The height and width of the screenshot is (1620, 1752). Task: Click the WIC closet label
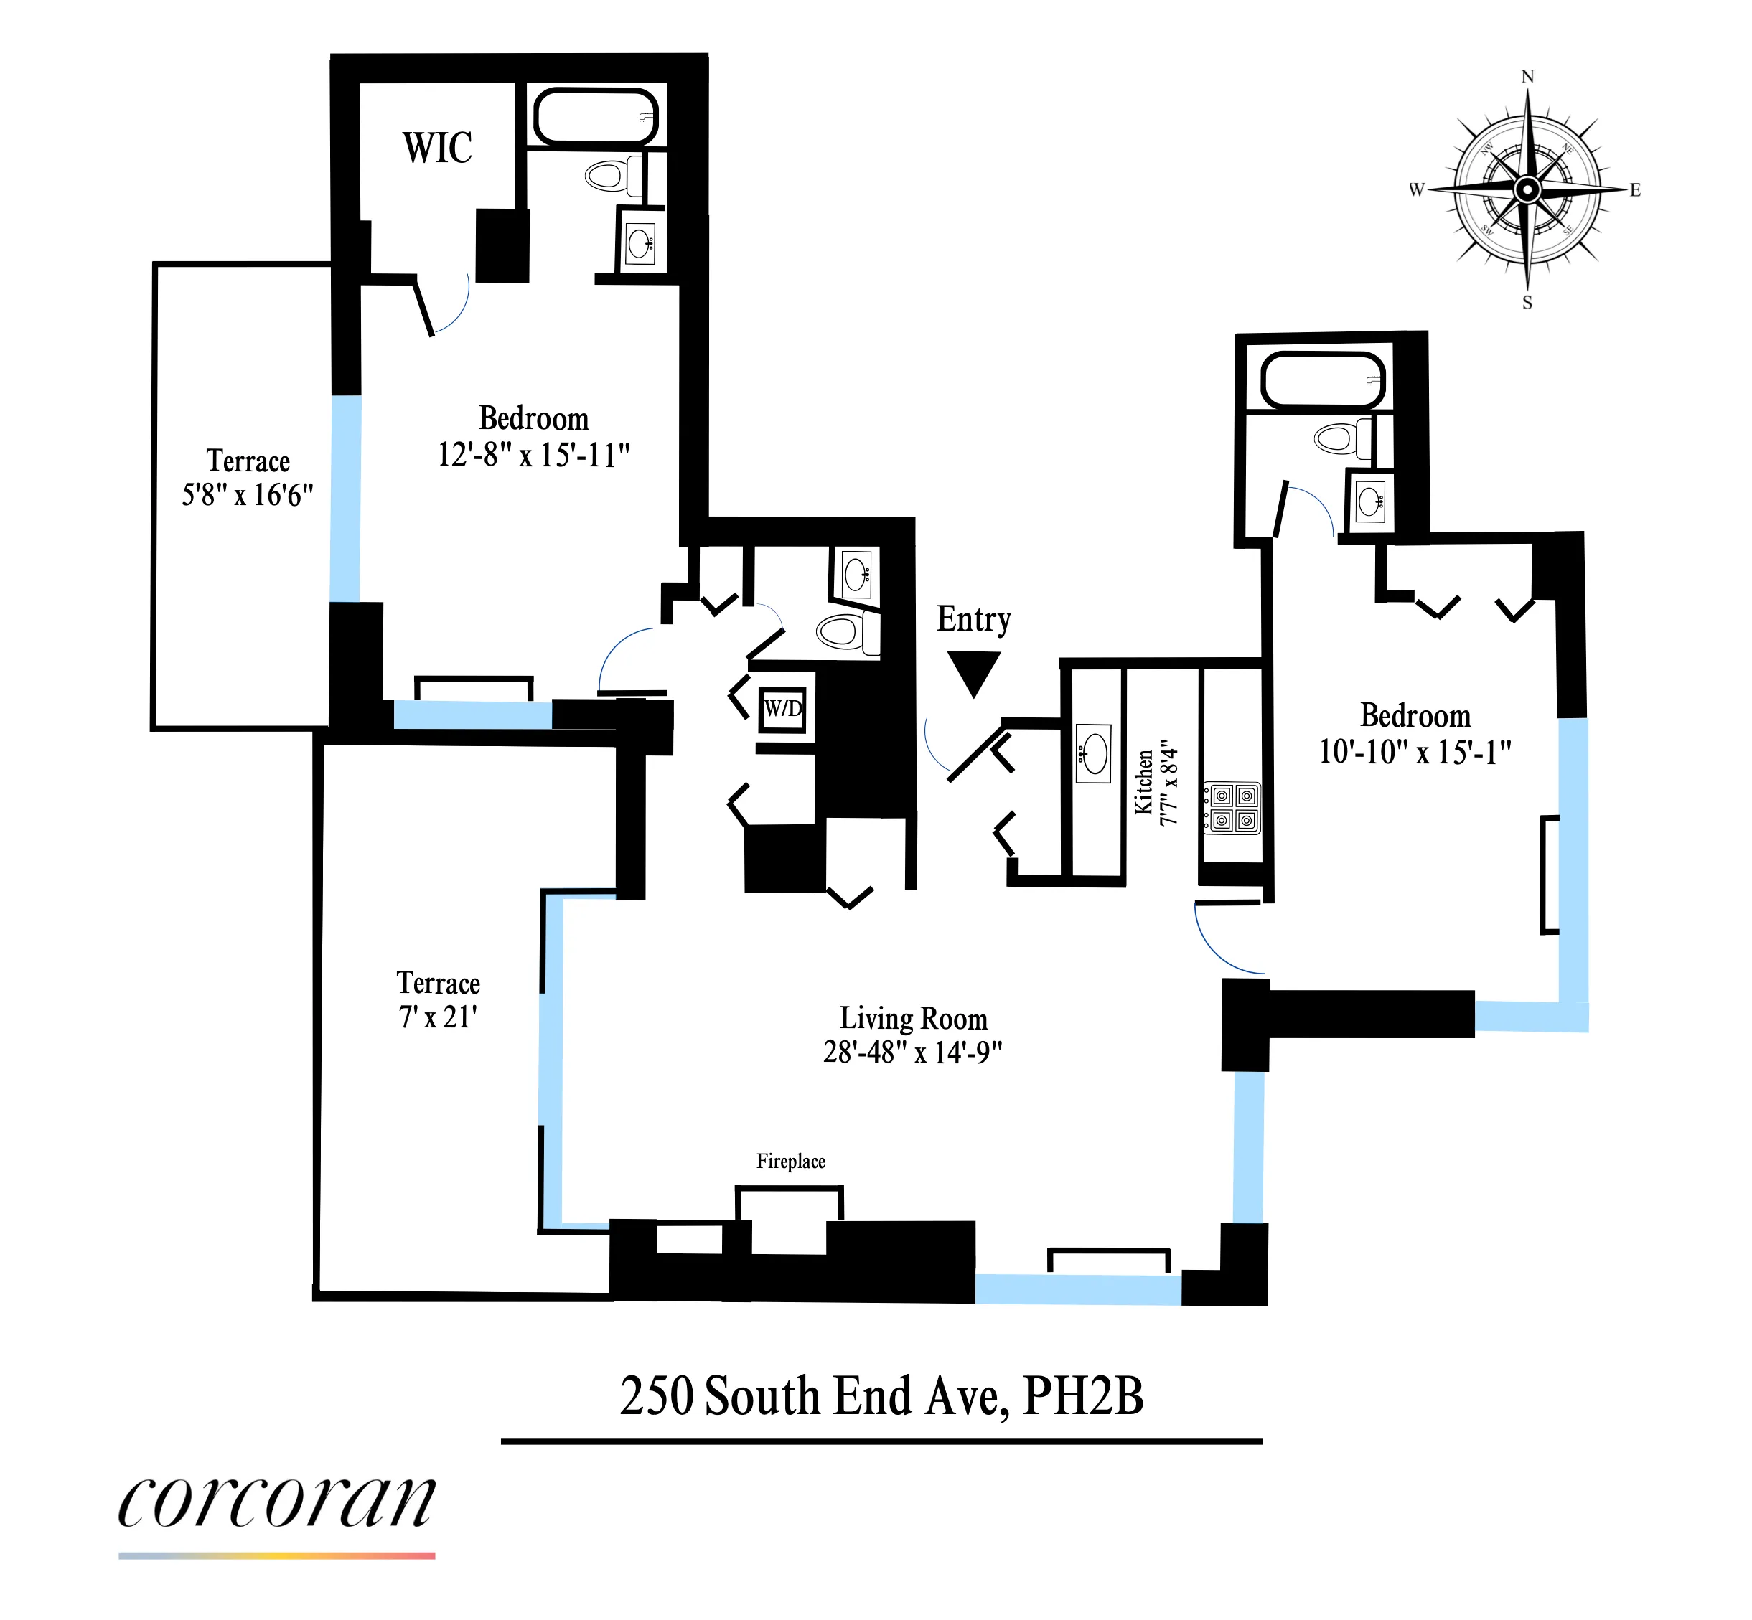pos(436,147)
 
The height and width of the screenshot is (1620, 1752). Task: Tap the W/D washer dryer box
pos(783,708)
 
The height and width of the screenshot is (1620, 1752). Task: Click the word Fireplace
pos(790,1162)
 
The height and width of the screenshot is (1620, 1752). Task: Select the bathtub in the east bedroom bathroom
pos(1322,379)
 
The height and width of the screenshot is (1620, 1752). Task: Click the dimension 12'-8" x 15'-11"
pos(533,455)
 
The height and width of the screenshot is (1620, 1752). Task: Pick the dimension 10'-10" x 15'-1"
pos(1415,751)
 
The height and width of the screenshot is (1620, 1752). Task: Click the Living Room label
pos(913,1019)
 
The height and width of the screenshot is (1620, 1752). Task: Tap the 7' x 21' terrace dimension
pos(438,1017)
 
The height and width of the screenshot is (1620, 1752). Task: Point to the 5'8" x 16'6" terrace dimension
pos(248,495)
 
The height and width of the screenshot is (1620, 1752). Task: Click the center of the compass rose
pos(1527,189)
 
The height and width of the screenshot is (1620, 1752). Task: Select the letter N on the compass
pos(1527,77)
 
